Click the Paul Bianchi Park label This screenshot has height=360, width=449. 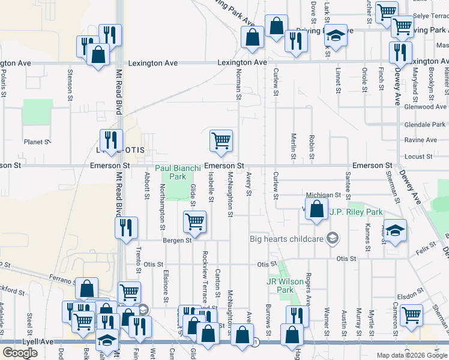(x=178, y=173)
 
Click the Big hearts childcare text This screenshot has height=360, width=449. (x=287, y=239)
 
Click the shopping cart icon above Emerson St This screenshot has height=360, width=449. (x=221, y=140)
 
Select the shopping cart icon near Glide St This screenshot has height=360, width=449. (x=194, y=221)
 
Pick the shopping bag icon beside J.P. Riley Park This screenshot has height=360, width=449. (x=316, y=209)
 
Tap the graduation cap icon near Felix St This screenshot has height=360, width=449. (x=394, y=231)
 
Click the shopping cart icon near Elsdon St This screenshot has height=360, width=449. (x=412, y=314)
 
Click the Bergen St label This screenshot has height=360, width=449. (x=176, y=240)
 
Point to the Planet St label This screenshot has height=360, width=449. (x=36, y=142)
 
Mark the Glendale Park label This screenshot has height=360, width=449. (x=426, y=124)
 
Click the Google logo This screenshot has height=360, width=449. (x=20, y=353)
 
